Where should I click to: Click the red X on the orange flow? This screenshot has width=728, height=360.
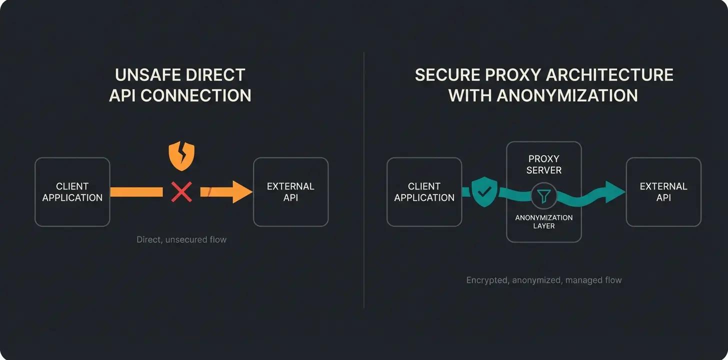point(181,192)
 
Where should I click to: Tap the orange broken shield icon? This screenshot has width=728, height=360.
point(181,155)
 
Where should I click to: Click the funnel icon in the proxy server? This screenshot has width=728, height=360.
point(543,195)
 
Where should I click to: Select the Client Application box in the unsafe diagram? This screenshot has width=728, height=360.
point(72,192)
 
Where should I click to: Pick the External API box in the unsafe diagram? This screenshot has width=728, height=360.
point(290,192)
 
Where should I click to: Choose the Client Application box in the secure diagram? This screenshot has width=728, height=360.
point(424,192)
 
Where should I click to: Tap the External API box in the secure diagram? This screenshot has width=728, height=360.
point(663,192)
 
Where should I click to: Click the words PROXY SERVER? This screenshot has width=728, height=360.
point(544,164)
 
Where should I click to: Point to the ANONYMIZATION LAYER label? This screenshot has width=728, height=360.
point(544,221)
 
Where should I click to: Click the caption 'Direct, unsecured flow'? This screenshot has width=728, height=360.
point(181,240)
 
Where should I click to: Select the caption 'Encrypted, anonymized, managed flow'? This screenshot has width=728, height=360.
point(544,280)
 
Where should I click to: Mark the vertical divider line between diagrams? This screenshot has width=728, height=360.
point(364,180)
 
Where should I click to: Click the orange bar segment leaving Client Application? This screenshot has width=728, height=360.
point(136,192)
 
